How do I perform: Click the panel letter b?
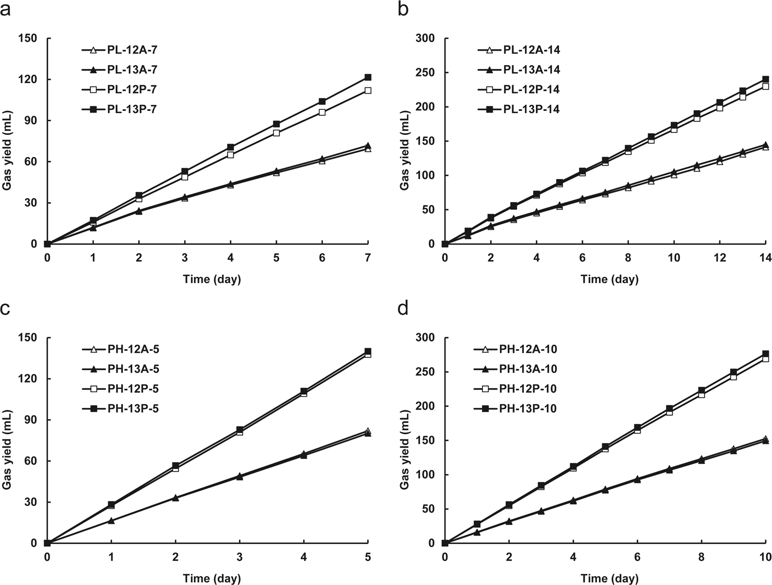tap(403, 9)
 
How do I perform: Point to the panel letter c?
tap(5, 309)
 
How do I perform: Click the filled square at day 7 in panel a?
tap(368, 77)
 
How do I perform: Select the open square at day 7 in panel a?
tap(368, 90)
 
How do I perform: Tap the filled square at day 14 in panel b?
tap(765, 79)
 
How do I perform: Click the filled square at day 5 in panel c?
tap(368, 351)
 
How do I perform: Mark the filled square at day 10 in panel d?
tap(765, 354)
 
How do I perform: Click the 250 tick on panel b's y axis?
tap(427, 73)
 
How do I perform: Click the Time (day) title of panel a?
tap(212, 280)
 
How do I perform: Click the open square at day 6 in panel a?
tap(322, 112)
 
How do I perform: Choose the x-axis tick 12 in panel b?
tap(719, 257)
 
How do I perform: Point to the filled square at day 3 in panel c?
tap(239, 430)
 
